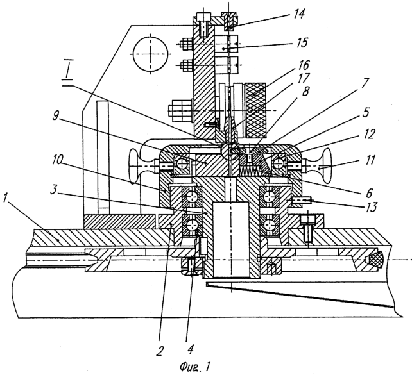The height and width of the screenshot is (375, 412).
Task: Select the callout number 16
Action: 303,65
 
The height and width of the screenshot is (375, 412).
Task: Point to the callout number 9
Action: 55,116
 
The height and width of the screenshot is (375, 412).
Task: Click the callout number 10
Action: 58,160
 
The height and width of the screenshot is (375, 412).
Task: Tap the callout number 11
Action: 370,160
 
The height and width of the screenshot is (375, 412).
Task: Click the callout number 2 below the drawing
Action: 160,351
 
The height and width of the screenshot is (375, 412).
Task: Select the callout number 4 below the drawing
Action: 190,349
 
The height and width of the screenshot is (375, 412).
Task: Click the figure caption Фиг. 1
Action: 195,367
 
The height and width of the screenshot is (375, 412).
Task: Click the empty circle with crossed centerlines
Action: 150,54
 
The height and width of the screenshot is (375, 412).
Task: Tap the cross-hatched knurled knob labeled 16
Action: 255,110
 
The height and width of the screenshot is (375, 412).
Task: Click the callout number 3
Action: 53,190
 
